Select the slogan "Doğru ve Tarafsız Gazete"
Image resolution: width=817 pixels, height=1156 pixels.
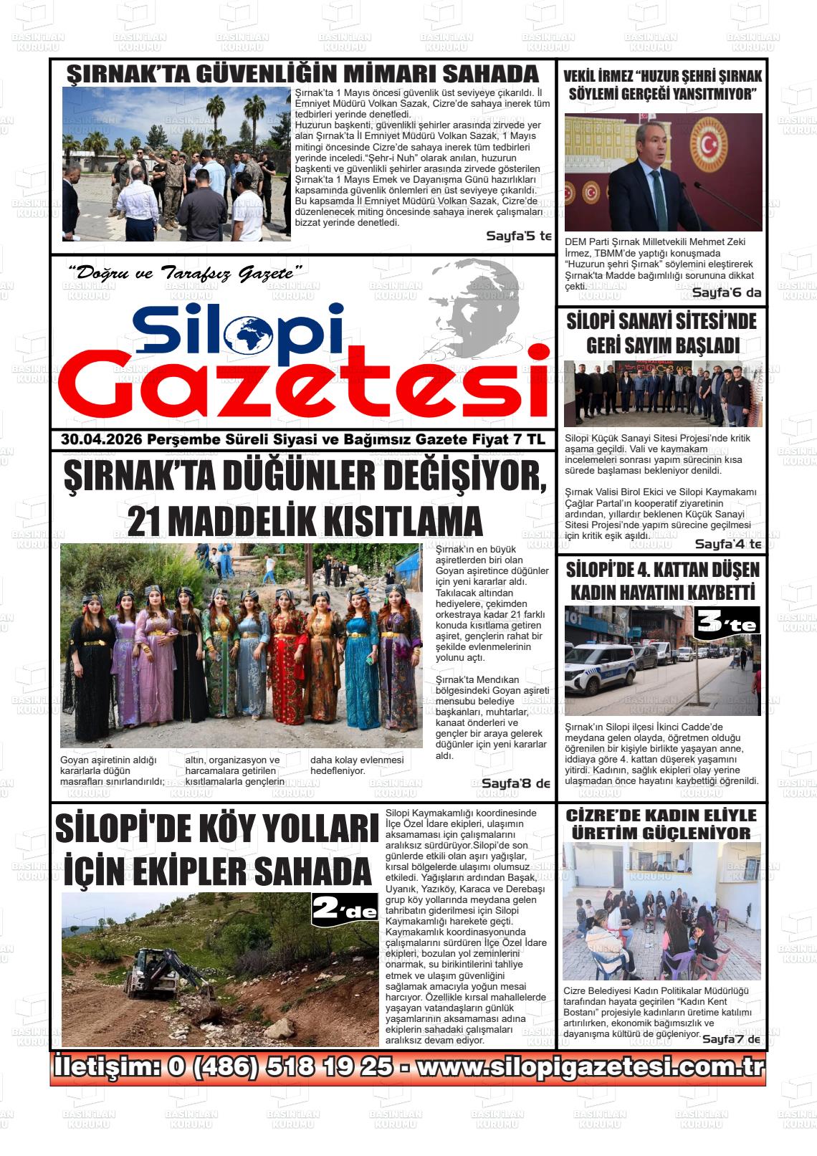point(185,272)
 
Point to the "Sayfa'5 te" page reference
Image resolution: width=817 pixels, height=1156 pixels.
point(518,236)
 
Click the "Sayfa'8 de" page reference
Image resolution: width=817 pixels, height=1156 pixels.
point(515,783)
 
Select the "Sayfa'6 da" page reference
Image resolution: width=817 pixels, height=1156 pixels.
point(726,292)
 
